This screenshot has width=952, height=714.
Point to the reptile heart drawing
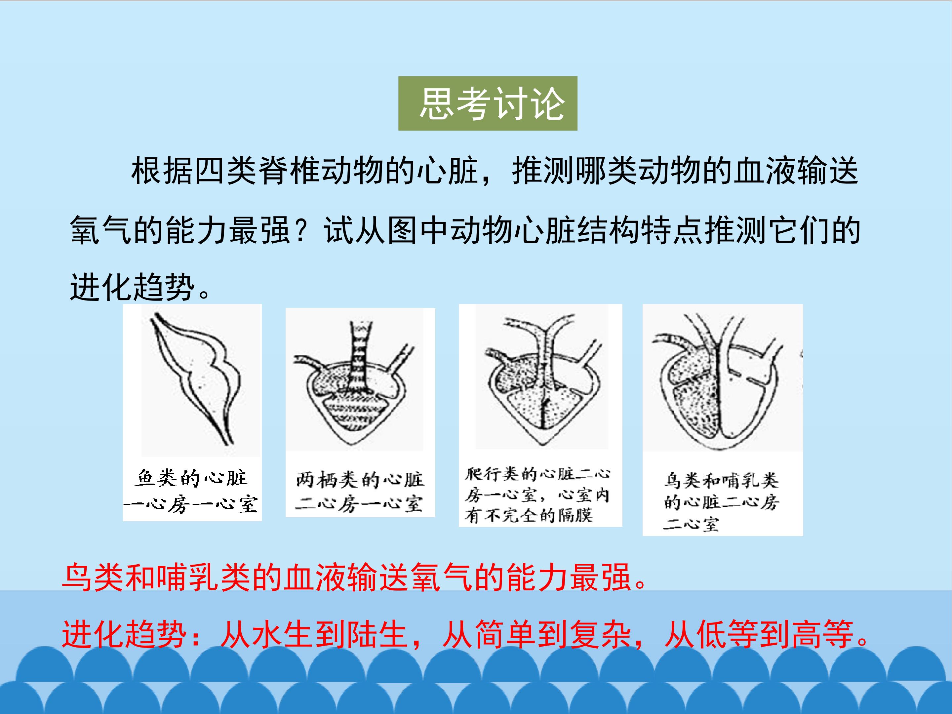[544, 380]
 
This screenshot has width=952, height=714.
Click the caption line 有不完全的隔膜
[529, 515]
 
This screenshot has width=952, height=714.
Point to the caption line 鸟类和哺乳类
[721, 480]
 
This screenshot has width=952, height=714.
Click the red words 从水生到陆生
[314, 634]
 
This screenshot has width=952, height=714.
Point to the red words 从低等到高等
[758, 634]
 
